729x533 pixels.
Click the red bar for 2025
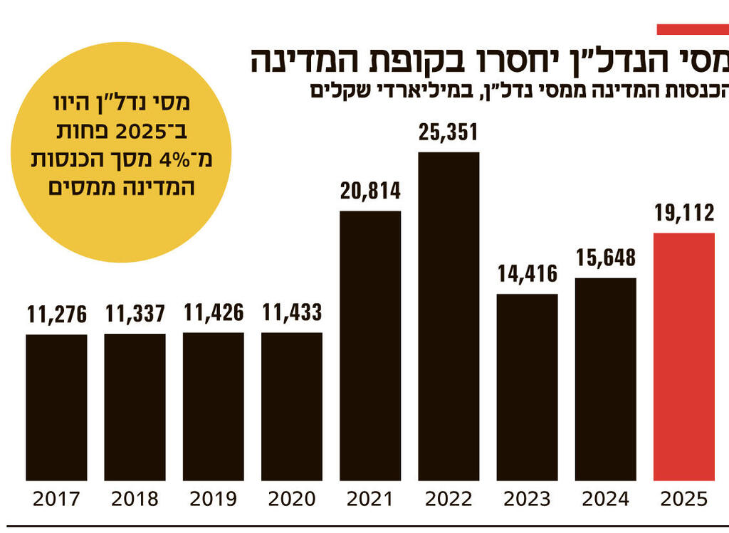pos(683,356)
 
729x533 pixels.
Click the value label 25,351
pos(449,133)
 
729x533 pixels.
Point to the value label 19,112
pos(683,214)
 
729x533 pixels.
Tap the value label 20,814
pos(370,191)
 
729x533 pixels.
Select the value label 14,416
pos(527,274)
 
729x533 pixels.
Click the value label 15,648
pos(605,258)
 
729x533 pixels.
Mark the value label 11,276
pos(57,314)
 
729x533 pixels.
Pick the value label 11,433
pos(292,312)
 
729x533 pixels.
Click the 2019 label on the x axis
pos(213,499)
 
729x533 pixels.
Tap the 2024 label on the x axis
pos(605,499)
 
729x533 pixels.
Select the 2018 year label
pos(135,499)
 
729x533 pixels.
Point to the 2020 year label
pos(292,499)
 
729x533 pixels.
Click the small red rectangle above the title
pos(692,29)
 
